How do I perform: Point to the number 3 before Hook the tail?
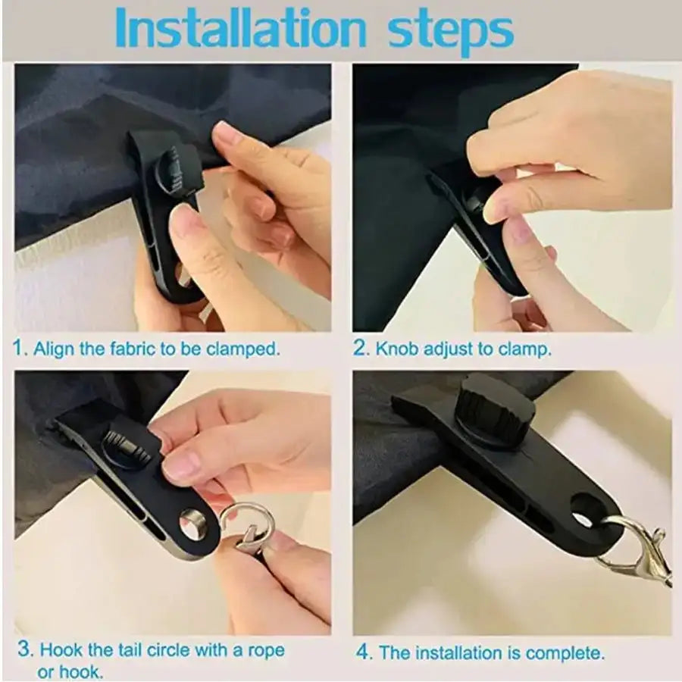point(24,649)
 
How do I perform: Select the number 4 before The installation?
point(364,652)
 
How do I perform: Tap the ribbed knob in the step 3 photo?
point(127,447)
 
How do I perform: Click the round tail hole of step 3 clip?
point(192,525)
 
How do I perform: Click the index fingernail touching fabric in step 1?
point(227,136)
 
